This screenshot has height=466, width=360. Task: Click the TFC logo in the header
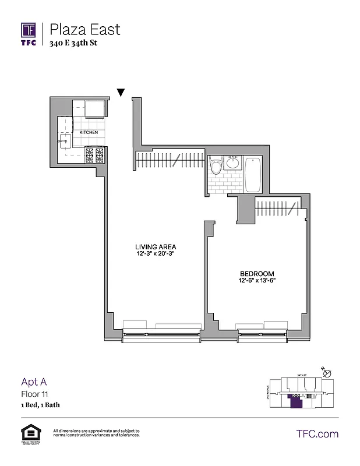(29, 33)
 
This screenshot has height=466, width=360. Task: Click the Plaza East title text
(85, 29)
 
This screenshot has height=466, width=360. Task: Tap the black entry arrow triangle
(121, 92)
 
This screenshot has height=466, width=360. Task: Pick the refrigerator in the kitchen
(94, 109)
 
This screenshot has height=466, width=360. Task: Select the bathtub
(253, 174)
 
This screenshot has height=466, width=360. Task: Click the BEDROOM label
(257, 273)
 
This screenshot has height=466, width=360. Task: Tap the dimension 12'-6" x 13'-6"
(257, 280)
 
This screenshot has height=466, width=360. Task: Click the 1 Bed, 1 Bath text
(40, 404)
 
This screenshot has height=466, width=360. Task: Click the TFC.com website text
(317, 434)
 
